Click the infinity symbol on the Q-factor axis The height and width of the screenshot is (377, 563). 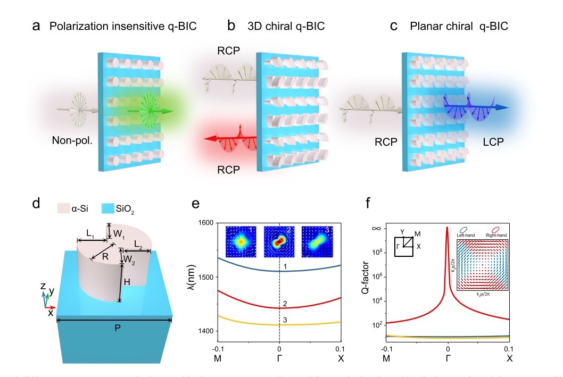coord(376,228)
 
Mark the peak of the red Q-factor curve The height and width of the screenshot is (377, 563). coord(448,228)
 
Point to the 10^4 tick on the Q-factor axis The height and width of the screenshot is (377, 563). coord(377,301)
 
